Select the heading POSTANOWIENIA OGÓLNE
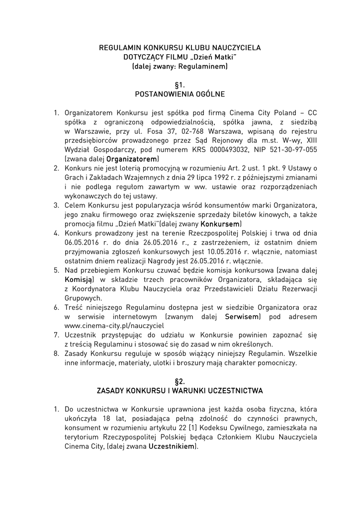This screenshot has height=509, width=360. point(180,94)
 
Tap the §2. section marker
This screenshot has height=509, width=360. point(180,381)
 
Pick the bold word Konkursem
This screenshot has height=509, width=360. point(221,224)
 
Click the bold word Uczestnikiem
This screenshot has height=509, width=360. point(172,446)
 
